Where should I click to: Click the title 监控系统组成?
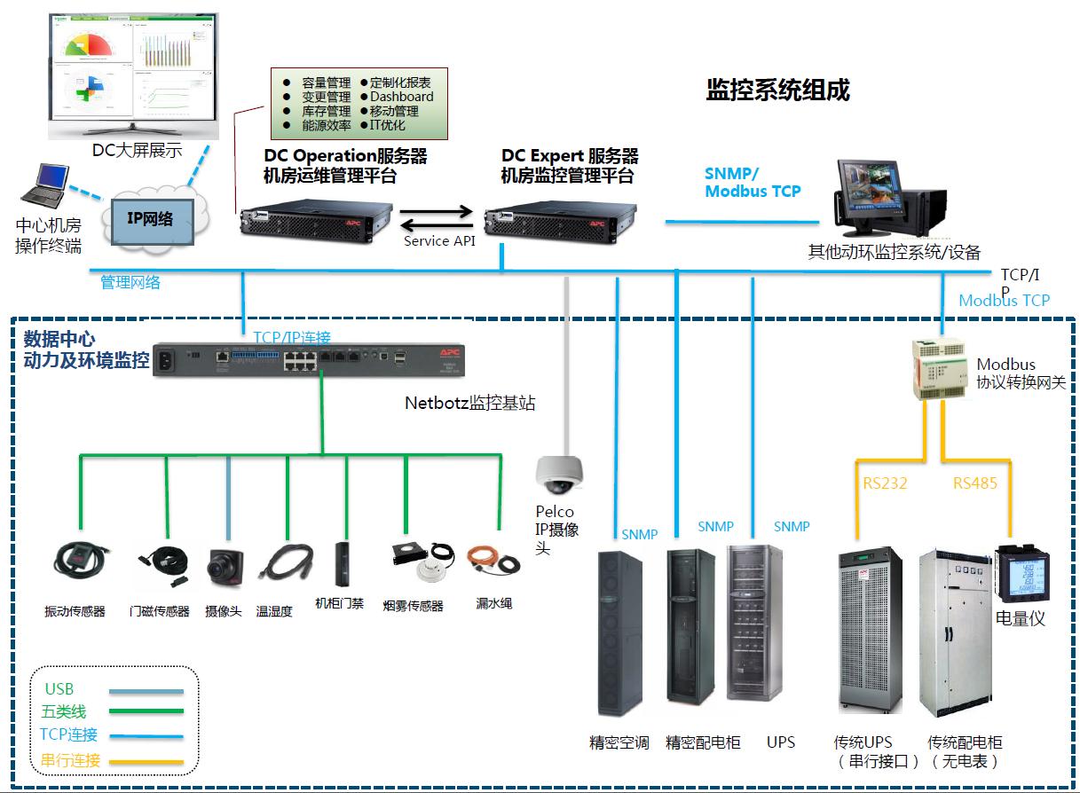[x=777, y=90]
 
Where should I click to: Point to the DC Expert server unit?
[x=561, y=218]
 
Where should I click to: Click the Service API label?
[x=439, y=241]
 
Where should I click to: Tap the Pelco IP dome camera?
[x=559, y=475]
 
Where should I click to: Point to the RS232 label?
[x=886, y=483]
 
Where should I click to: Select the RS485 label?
[x=975, y=483]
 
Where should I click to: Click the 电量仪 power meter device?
[x=1021, y=572]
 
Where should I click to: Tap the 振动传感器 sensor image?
[x=81, y=560]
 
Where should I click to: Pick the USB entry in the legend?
[x=59, y=689]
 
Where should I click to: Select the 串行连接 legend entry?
[x=71, y=761]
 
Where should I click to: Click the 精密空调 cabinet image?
[x=619, y=633]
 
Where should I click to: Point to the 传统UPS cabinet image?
[x=870, y=631]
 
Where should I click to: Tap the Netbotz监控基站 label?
[x=470, y=403]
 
